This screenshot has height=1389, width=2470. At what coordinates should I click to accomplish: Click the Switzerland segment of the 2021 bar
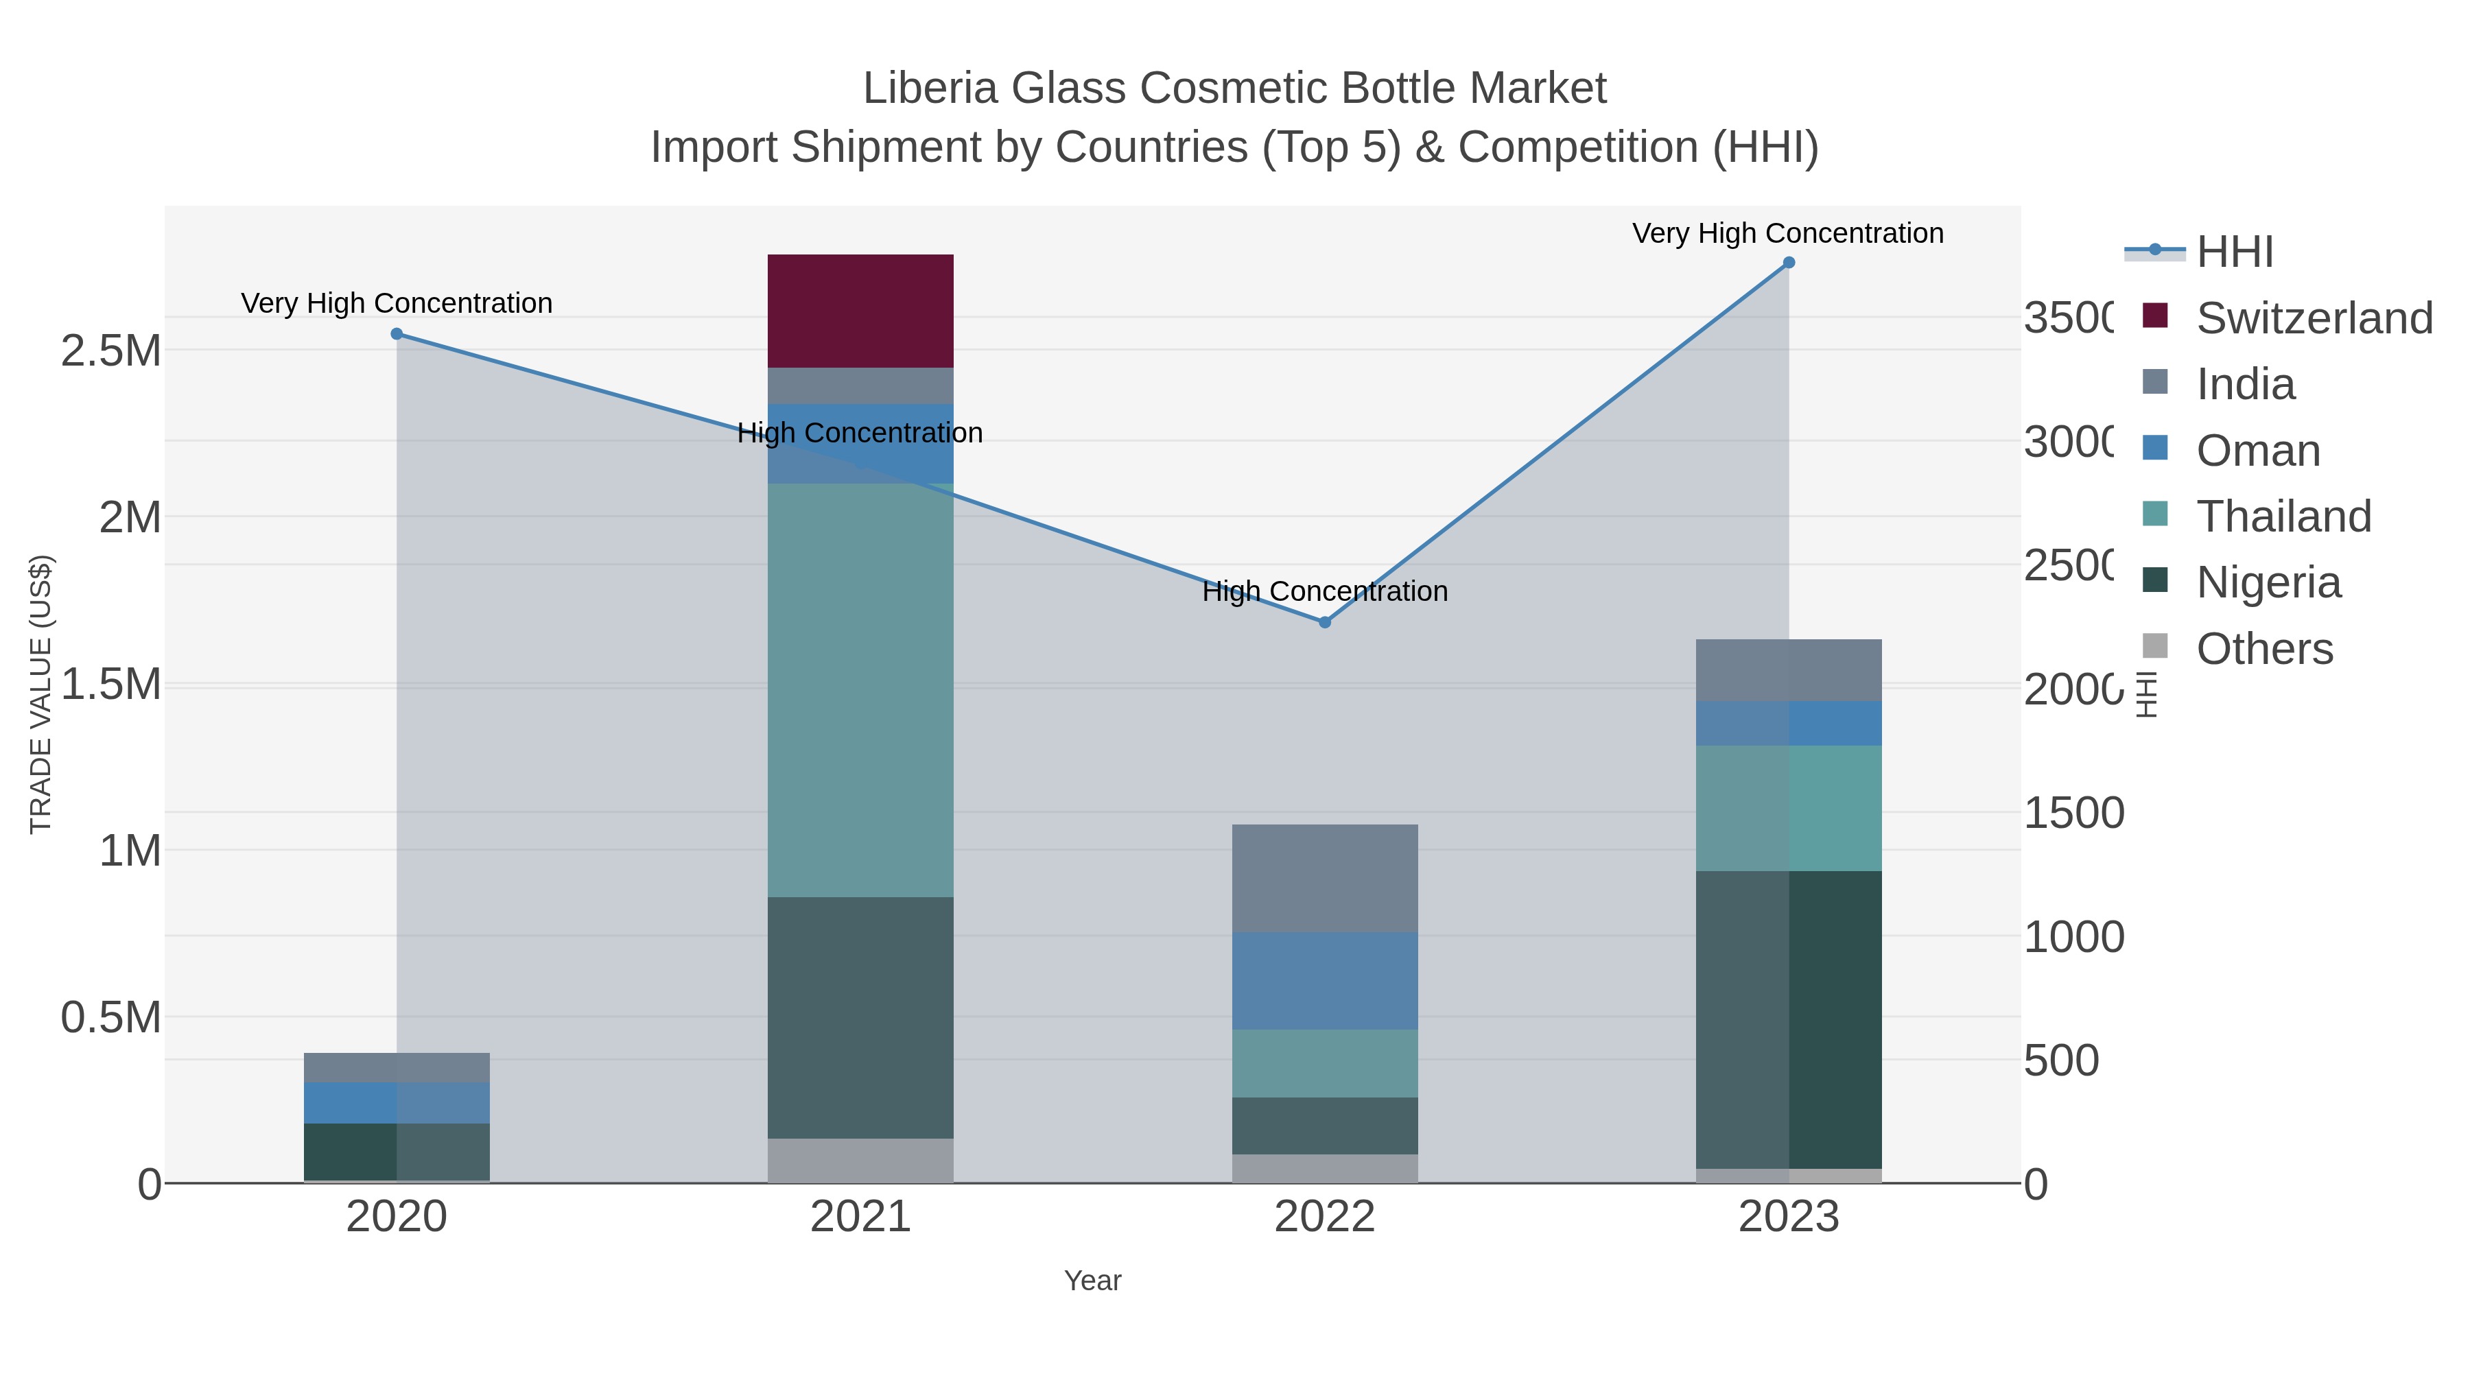tap(860, 311)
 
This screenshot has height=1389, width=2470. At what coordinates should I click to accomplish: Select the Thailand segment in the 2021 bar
tap(860, 690)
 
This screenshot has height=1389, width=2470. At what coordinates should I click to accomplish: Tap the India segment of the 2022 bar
tap(1324, 878)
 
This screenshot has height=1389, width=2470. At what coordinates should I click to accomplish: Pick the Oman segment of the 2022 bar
tap(1324, 981)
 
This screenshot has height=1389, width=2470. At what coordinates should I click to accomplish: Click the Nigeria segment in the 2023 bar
tap(1788, 1019)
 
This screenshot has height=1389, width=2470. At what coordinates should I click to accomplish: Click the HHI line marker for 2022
tap(1325, 622)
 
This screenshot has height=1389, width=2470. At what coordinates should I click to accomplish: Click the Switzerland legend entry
tap(2314, 318)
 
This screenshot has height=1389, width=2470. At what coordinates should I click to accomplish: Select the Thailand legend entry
tap(2283, 517)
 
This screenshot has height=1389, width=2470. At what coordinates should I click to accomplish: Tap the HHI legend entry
tap(2234, 252)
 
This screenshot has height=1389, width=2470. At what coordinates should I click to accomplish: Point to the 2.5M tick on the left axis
tap(111, 351)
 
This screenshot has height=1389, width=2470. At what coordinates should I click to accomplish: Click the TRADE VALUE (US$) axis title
tap(41, 694)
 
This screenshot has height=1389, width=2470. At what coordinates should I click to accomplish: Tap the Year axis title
tap(1092, 1281)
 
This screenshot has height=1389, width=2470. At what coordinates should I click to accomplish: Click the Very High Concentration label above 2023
tap(1788, 233)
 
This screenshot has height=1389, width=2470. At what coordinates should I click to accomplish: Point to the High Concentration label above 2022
tap(1325, 591)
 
